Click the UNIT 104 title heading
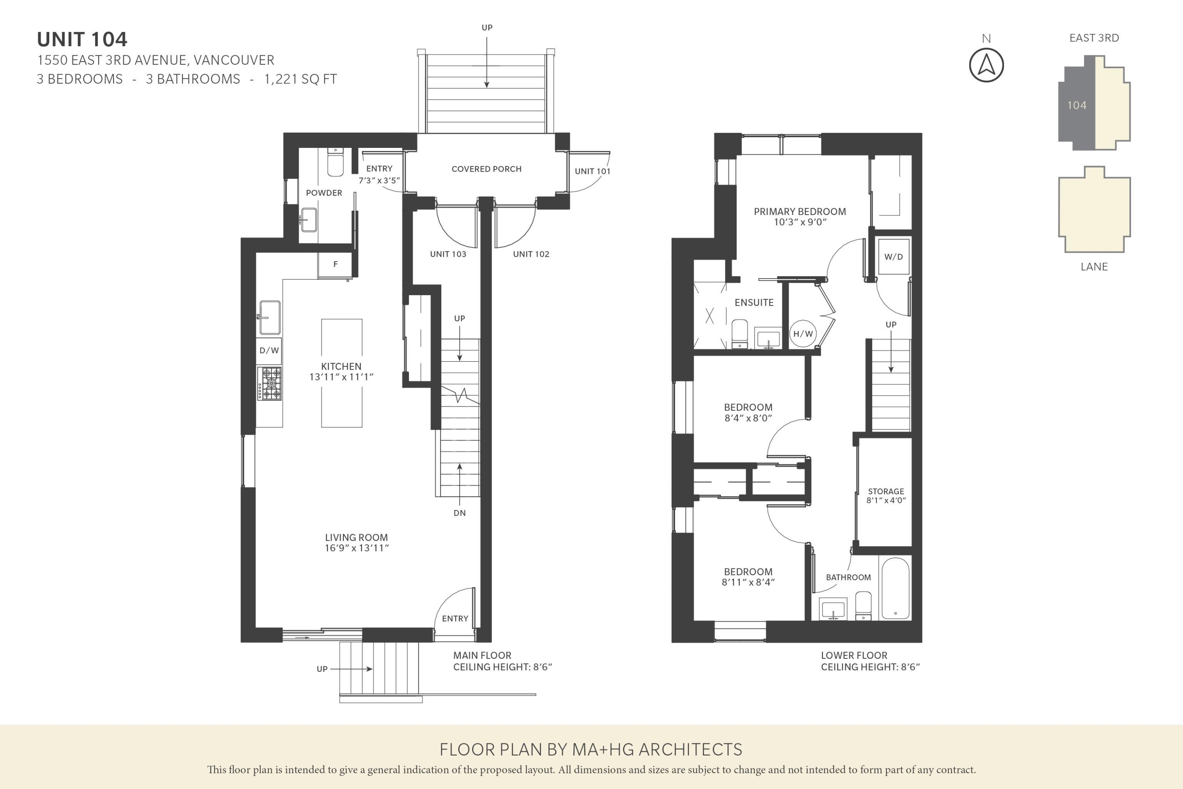[x=82, y=39]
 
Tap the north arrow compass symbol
[x=986, y=65]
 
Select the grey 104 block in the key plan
[x=1077, y=105]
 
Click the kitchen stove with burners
[x=270, y=383]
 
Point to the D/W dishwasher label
[x=269, y=351]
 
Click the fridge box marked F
[x=335, y=265]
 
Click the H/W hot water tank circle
[x=803, y=334]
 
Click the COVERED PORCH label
[x=486, y=169]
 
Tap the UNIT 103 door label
[x=448, y=254]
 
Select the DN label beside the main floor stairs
[x=459, y=513]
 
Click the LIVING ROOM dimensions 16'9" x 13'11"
[x=356, y=548]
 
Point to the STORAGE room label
[x=886, y=491]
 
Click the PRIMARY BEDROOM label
[x=799, y=211]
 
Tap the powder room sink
[x=308, y=220]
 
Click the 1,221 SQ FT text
[x=300, y=79]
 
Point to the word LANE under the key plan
[x=1094, y=267]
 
